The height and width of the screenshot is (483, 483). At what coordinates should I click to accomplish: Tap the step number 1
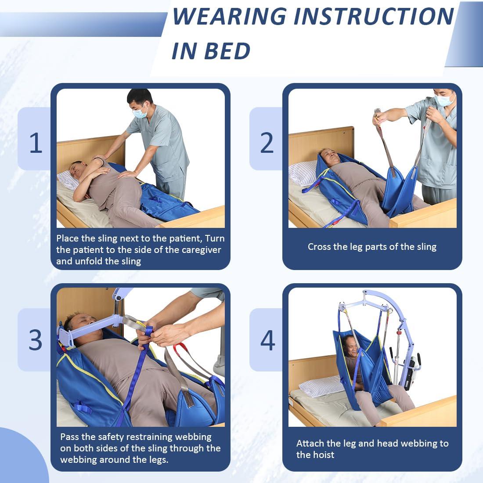tap(36, 143)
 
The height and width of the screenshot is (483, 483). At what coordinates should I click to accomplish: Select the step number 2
tap(267, 143)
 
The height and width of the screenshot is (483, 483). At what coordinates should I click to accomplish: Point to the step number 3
tap(36, 339)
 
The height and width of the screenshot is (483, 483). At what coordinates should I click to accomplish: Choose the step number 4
tap(267, 339)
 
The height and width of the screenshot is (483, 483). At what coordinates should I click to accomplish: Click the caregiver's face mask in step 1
tap(140, 113)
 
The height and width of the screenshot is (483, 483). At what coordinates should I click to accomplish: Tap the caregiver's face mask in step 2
tap(444, 100)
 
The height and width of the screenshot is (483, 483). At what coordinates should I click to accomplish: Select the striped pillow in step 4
tap(321, 386)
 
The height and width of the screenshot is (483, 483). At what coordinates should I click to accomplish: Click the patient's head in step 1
tap(75, 169)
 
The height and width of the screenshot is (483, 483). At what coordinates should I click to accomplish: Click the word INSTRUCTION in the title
tap(373, 17)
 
